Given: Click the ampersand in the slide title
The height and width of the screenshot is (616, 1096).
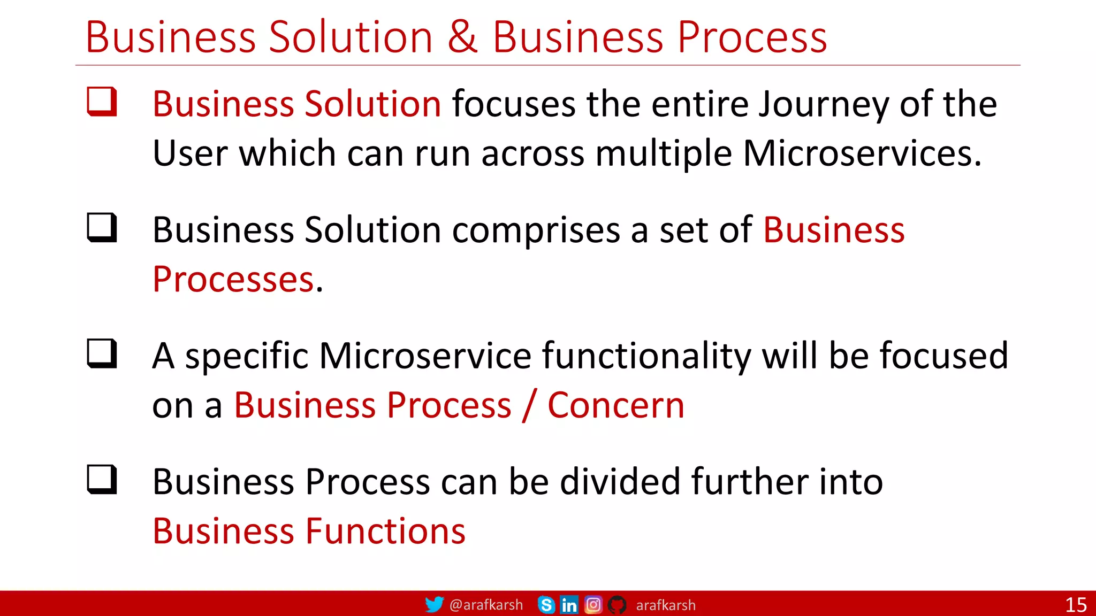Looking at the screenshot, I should coord(462,37).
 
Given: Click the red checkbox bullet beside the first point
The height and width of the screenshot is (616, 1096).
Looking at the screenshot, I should coord(102,102).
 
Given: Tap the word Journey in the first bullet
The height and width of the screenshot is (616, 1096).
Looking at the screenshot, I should coord(824,105).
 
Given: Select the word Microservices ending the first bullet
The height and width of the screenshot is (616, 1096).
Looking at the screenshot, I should coord(862,154).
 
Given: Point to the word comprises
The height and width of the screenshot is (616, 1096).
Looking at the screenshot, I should coord(536,230).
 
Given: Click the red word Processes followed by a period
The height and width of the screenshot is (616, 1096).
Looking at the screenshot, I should coord(233,280).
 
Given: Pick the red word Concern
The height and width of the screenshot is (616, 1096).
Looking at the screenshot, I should coord(616,405).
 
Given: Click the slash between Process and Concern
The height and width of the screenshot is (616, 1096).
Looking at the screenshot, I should coord(529,405).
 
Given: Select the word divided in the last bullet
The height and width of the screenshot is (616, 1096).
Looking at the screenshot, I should coord(620,482).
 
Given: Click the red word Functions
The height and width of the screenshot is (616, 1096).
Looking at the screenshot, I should coord(385,532).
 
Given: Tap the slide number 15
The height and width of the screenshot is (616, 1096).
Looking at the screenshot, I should coord(1076,605).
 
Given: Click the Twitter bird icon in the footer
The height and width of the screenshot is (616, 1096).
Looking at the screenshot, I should coord(434,605).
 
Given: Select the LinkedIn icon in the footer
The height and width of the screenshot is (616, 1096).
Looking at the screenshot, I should coord(569,605).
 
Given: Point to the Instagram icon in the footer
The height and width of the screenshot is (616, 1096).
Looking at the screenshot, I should coord(593,605).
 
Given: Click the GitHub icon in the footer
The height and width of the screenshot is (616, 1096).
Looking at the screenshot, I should coord(617,605).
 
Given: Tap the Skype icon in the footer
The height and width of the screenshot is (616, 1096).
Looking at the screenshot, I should coord(546,605).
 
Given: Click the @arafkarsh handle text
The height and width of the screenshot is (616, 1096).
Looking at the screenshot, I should coord(486,605).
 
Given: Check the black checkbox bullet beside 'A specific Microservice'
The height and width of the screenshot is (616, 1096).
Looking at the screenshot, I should coord(102,354).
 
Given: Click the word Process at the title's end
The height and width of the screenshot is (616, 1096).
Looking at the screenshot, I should coord(752,37).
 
